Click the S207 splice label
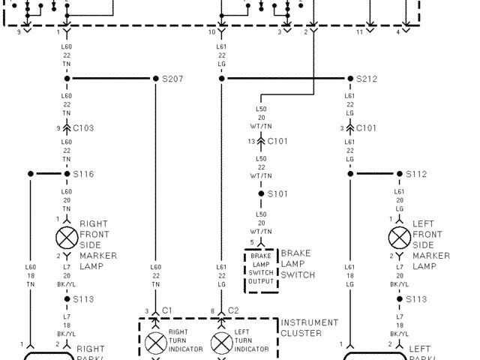(x=173, y=79)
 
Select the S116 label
(x=83, y=174)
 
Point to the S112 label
(x=416, y=174)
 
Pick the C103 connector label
(x=83, y=128)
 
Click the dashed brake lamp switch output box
(x=261, y=271)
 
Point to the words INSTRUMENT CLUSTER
(x=309, y=328)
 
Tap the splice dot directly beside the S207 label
(x=155, y=79)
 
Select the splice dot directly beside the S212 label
(x=349, y=79)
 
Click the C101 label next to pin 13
(x=278, y=140)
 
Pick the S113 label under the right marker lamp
(x=83, y=298)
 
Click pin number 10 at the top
(x=211, y=32)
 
